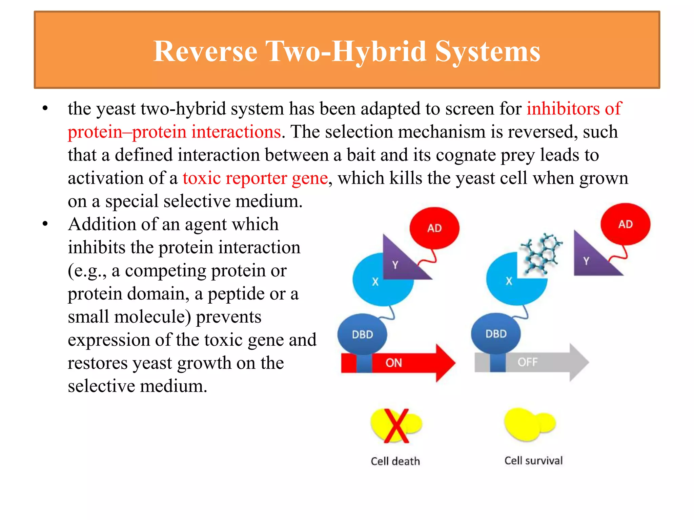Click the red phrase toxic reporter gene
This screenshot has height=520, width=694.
(x=255, y=178)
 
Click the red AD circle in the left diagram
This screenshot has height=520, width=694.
(x=434, y=228)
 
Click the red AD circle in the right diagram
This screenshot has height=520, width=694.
(x=625, y=224)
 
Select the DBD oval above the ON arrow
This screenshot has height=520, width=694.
(x=362, y=334)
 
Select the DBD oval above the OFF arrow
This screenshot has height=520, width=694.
(x=496, y=333)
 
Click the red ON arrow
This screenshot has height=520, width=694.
(x=407, y=363)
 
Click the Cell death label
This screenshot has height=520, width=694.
(x=395, y=461)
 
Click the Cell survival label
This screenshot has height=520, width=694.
(x=533, y=460)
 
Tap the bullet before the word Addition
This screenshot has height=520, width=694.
(x=45, y=224)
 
